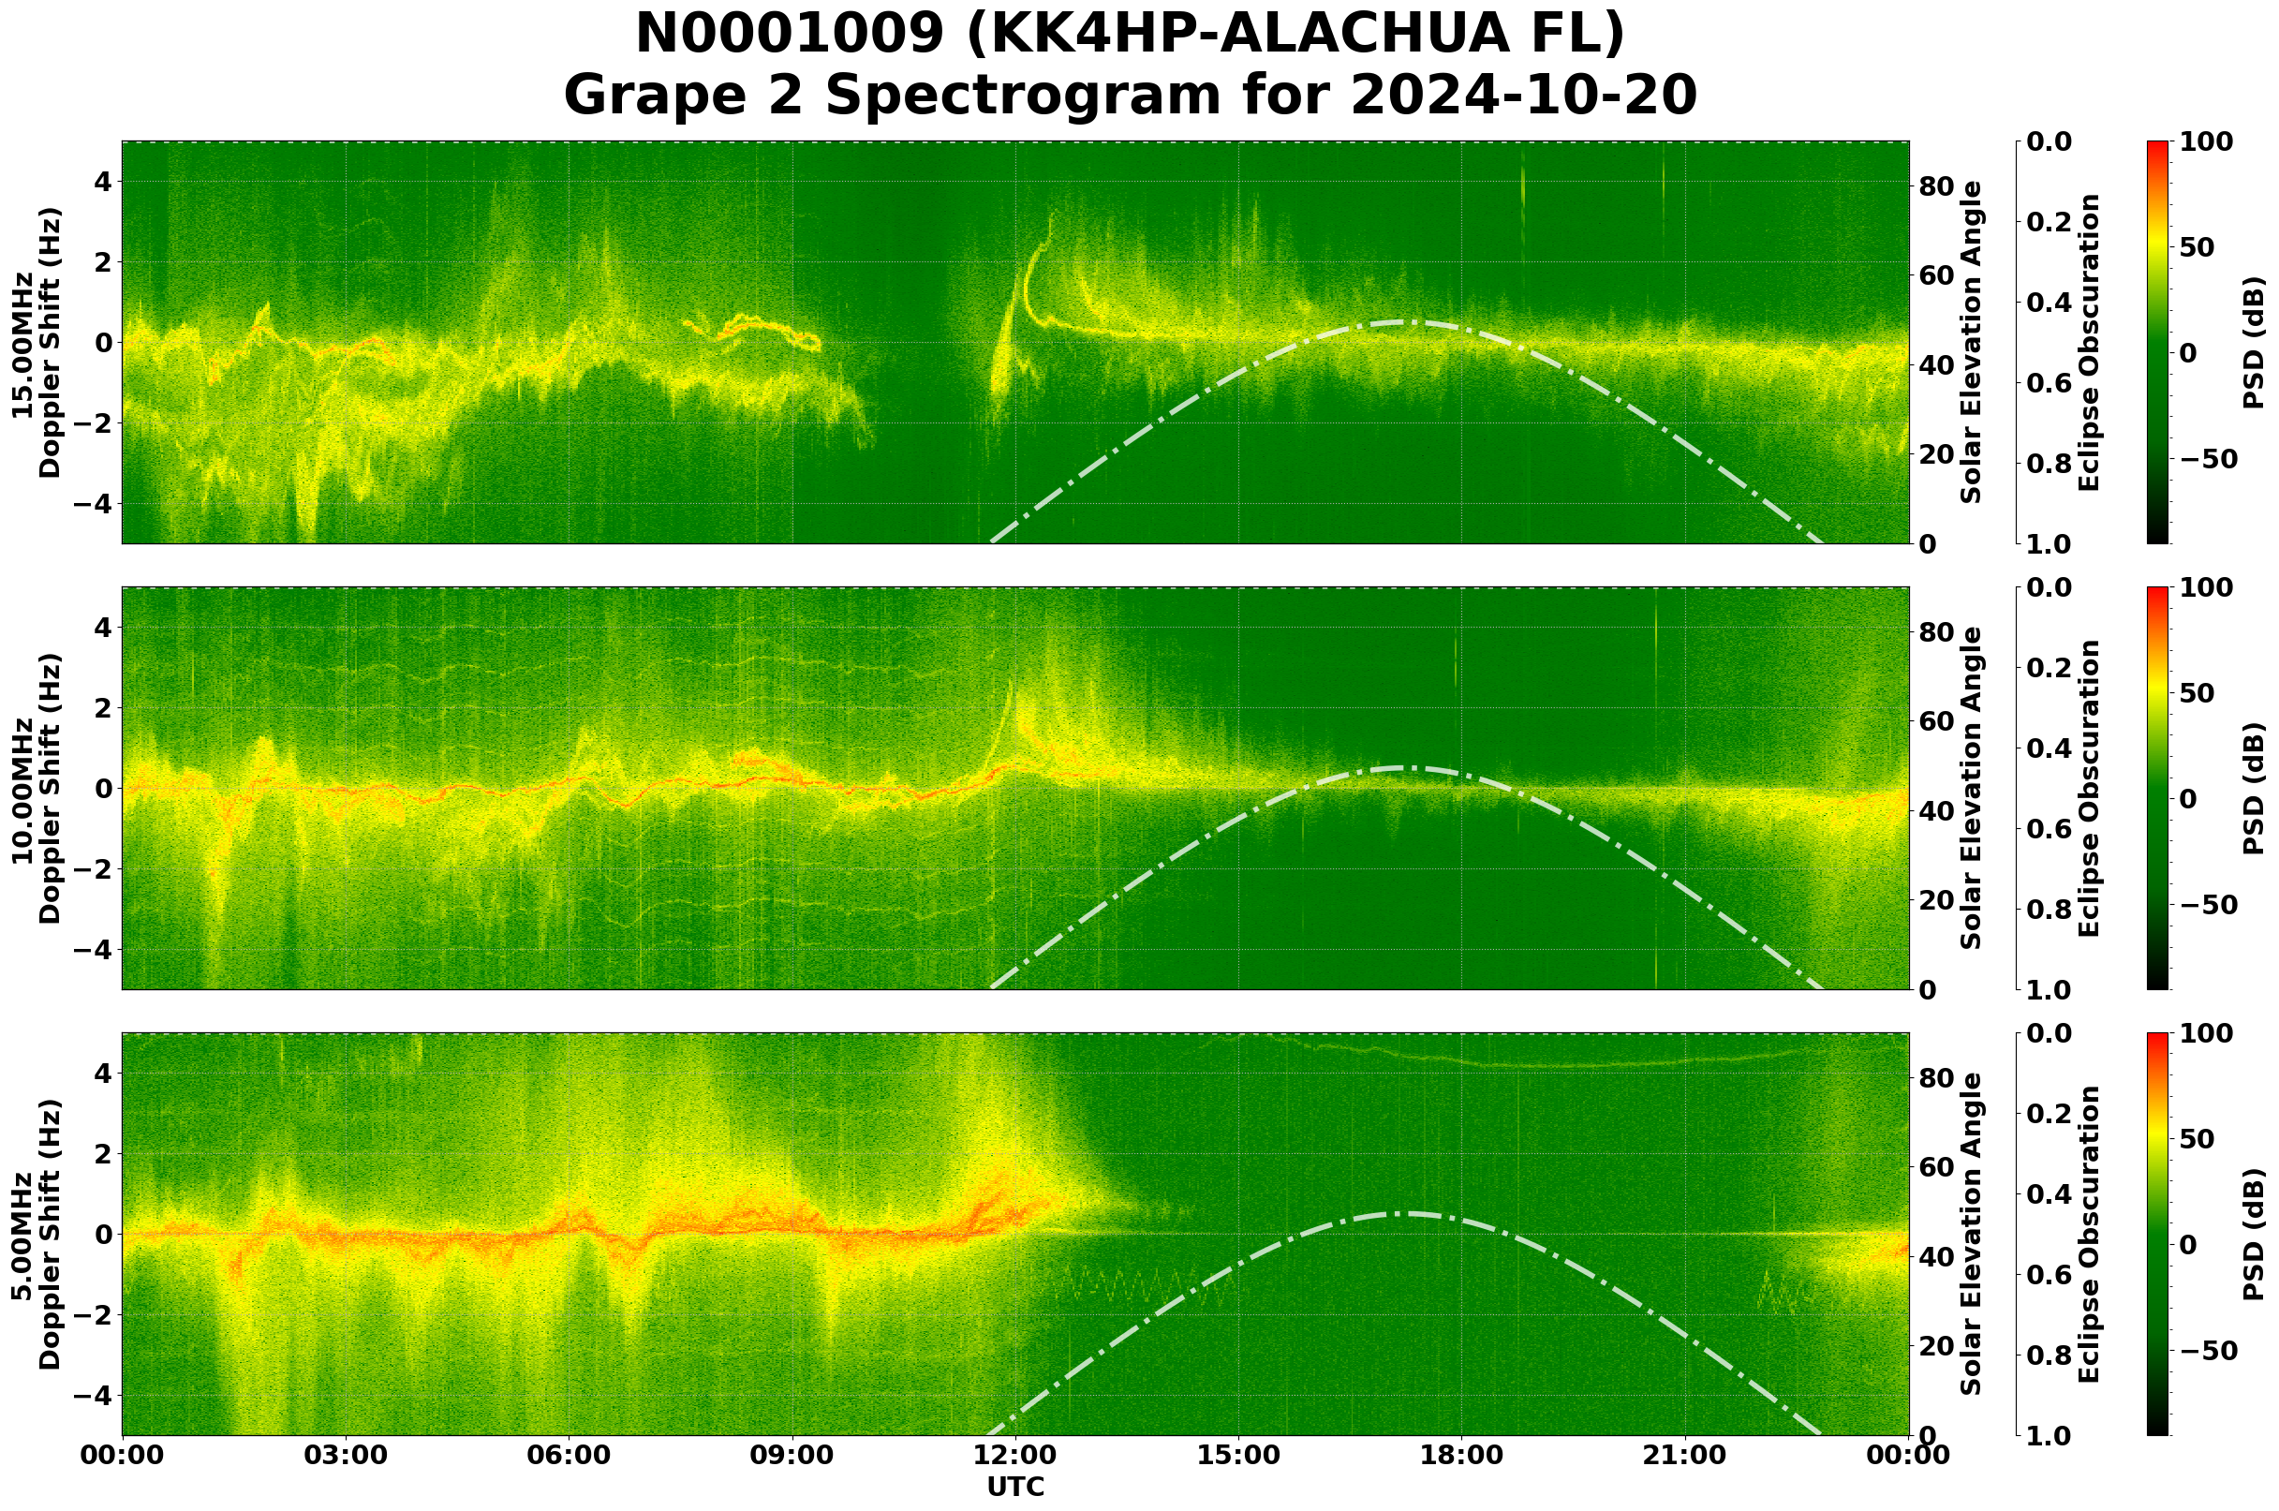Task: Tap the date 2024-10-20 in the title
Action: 1523,96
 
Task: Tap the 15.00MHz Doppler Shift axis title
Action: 36,343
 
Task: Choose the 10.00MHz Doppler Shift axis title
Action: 36,788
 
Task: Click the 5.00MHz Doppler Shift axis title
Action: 36,1235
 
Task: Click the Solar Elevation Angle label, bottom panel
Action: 1972,1235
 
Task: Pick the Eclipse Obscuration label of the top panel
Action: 2088,343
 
